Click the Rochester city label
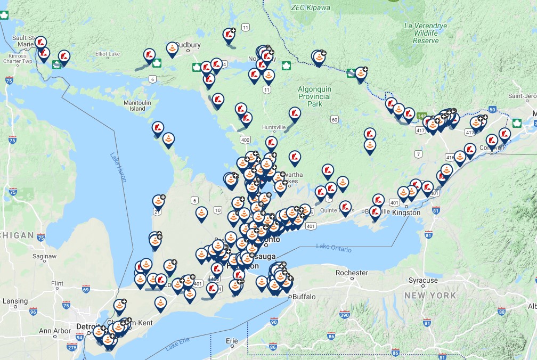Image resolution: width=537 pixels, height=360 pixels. pos(352,273)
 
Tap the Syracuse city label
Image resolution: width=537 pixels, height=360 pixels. pos(423,280)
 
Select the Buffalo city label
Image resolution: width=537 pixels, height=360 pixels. pos(304,297)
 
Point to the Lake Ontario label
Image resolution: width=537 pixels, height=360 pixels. pos(334,248)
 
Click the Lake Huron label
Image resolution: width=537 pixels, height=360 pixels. pos(118,167)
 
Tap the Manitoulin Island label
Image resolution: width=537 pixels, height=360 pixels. pos(137,105)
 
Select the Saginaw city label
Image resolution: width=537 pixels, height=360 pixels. pos(44,256)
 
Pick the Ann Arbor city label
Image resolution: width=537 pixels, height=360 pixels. pos(55,331)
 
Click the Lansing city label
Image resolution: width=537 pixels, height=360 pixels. pos(15,301)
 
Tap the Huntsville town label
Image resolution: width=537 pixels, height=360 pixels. pos(274,127)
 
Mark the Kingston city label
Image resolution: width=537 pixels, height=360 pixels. pos(407,212)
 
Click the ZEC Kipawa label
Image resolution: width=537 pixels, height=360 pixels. pos(311,8)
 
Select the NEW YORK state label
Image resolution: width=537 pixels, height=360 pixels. pos(430,295)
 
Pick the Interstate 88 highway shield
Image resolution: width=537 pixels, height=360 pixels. pos(501,311)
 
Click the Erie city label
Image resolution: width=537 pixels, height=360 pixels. pos(232,340)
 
